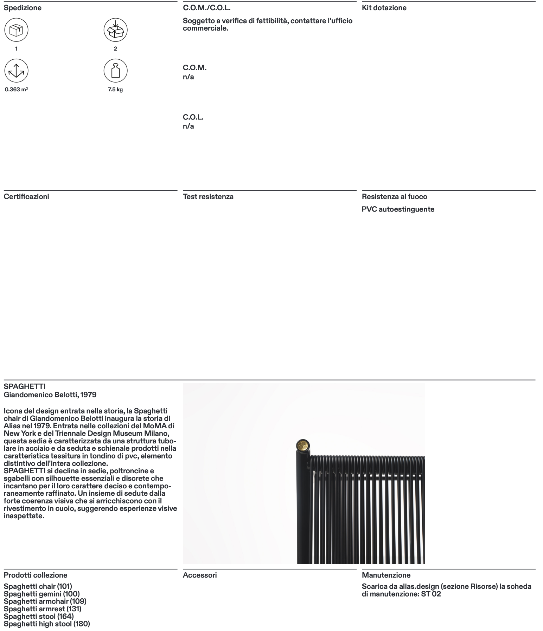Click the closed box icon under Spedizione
16,30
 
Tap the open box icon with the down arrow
115,30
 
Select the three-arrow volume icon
16,71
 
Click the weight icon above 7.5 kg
115,71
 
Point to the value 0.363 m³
16,90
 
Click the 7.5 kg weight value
115,90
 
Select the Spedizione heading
23,8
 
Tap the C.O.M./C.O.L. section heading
206,8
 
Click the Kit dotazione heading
384,8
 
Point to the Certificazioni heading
26,196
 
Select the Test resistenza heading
208,196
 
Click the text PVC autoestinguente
398,209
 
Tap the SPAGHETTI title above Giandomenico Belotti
25,387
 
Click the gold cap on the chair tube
302,446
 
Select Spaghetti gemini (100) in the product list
41,594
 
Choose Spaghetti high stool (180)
47,624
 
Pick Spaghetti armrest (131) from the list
42,609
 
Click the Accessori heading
200,575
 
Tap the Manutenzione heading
386,575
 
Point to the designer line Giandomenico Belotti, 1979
50,395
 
